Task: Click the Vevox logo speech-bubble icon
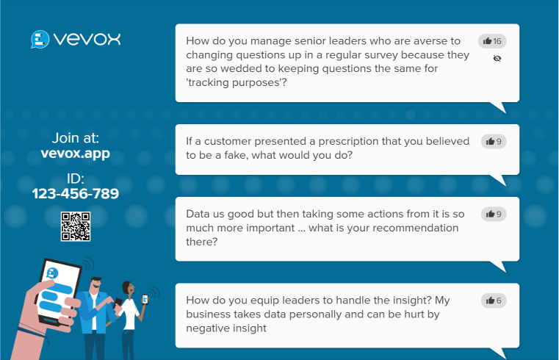[40, 39]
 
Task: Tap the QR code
[76, 226]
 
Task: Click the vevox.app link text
[76, 154]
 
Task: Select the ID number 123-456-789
[76, 194]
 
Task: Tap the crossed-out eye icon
[497, 58]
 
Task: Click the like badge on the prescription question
[493, 141]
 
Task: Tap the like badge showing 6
[493, 300]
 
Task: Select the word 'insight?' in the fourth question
[410, 300]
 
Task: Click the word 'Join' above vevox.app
[65, 137]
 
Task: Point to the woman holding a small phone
[130, 312]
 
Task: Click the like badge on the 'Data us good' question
[493, 214]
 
